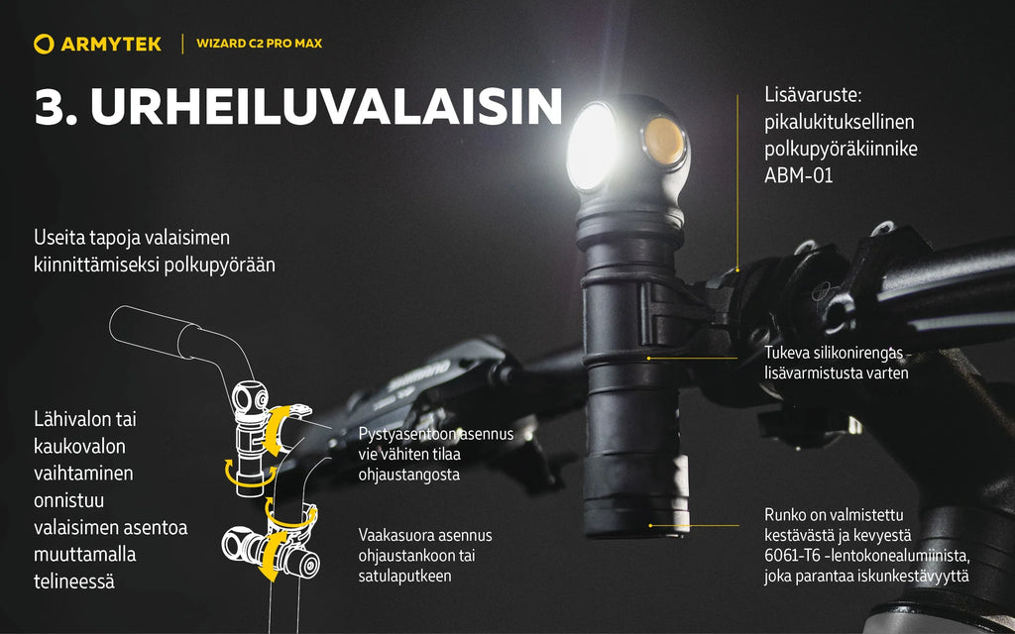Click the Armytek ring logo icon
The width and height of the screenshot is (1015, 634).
(x=44, y=44)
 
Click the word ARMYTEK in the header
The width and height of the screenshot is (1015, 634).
(x=111, y=44)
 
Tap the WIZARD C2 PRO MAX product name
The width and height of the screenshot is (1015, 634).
(x=259, y=44)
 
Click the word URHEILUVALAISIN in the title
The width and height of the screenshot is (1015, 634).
(x=326, y=106)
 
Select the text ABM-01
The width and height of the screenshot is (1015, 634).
(x=798, y=175)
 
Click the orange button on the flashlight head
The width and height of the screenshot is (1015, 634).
(x=664, y=141)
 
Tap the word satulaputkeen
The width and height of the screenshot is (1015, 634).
(x=404, y=577)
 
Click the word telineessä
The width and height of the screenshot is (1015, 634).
(x=74, y=581)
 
